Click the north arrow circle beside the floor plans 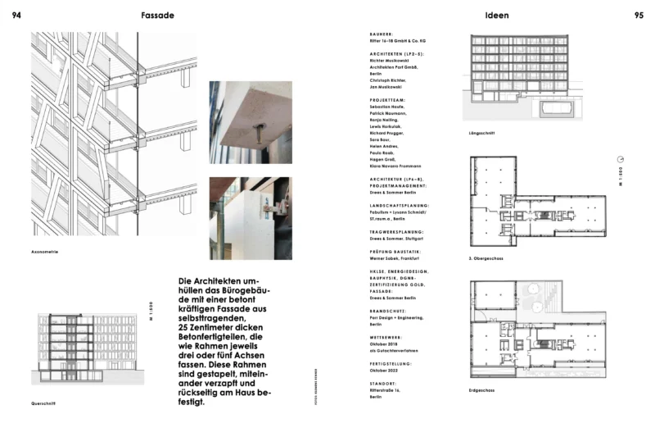620,159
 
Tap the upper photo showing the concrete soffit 251,121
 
